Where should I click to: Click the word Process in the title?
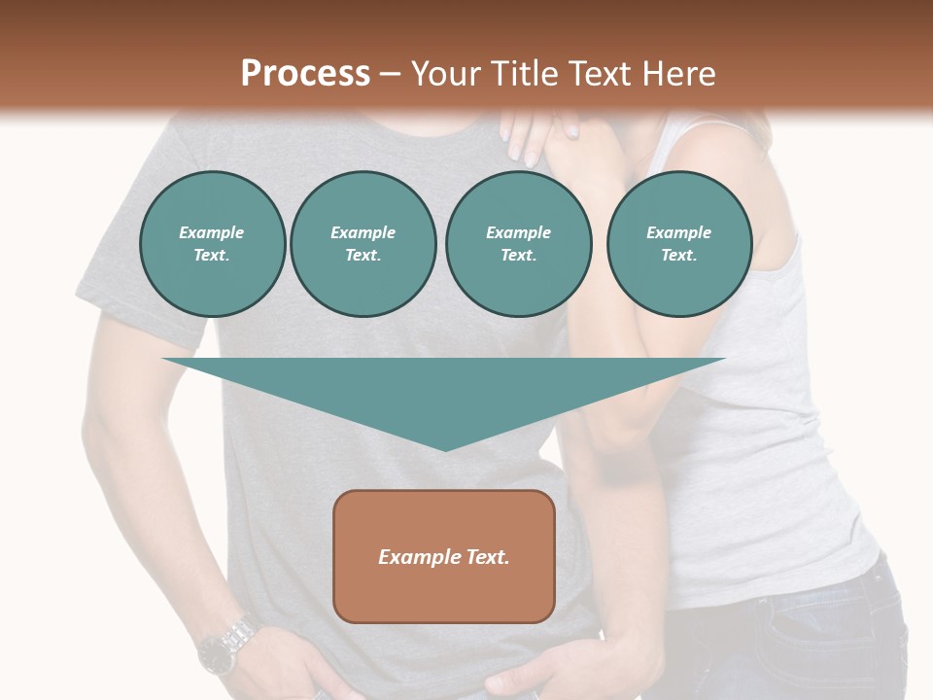pyautogui.click(x=305, y=74)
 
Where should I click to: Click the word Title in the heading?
pyautogui.click(x=524, y=74)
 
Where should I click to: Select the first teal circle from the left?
pyautogui.click(x=212, y=244)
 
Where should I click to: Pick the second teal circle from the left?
pyautogui.click(x=363, y=244)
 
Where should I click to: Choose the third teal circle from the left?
pyautogui.click(x=518, y=244)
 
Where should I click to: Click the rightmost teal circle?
pyautogui.click(x=678, y=244)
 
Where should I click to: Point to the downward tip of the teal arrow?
pyautogui.click(x=444, y=448)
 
